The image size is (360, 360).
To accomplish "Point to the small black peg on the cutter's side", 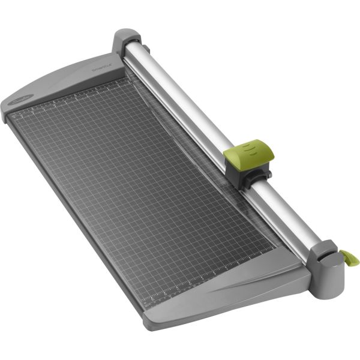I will [268, 175].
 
